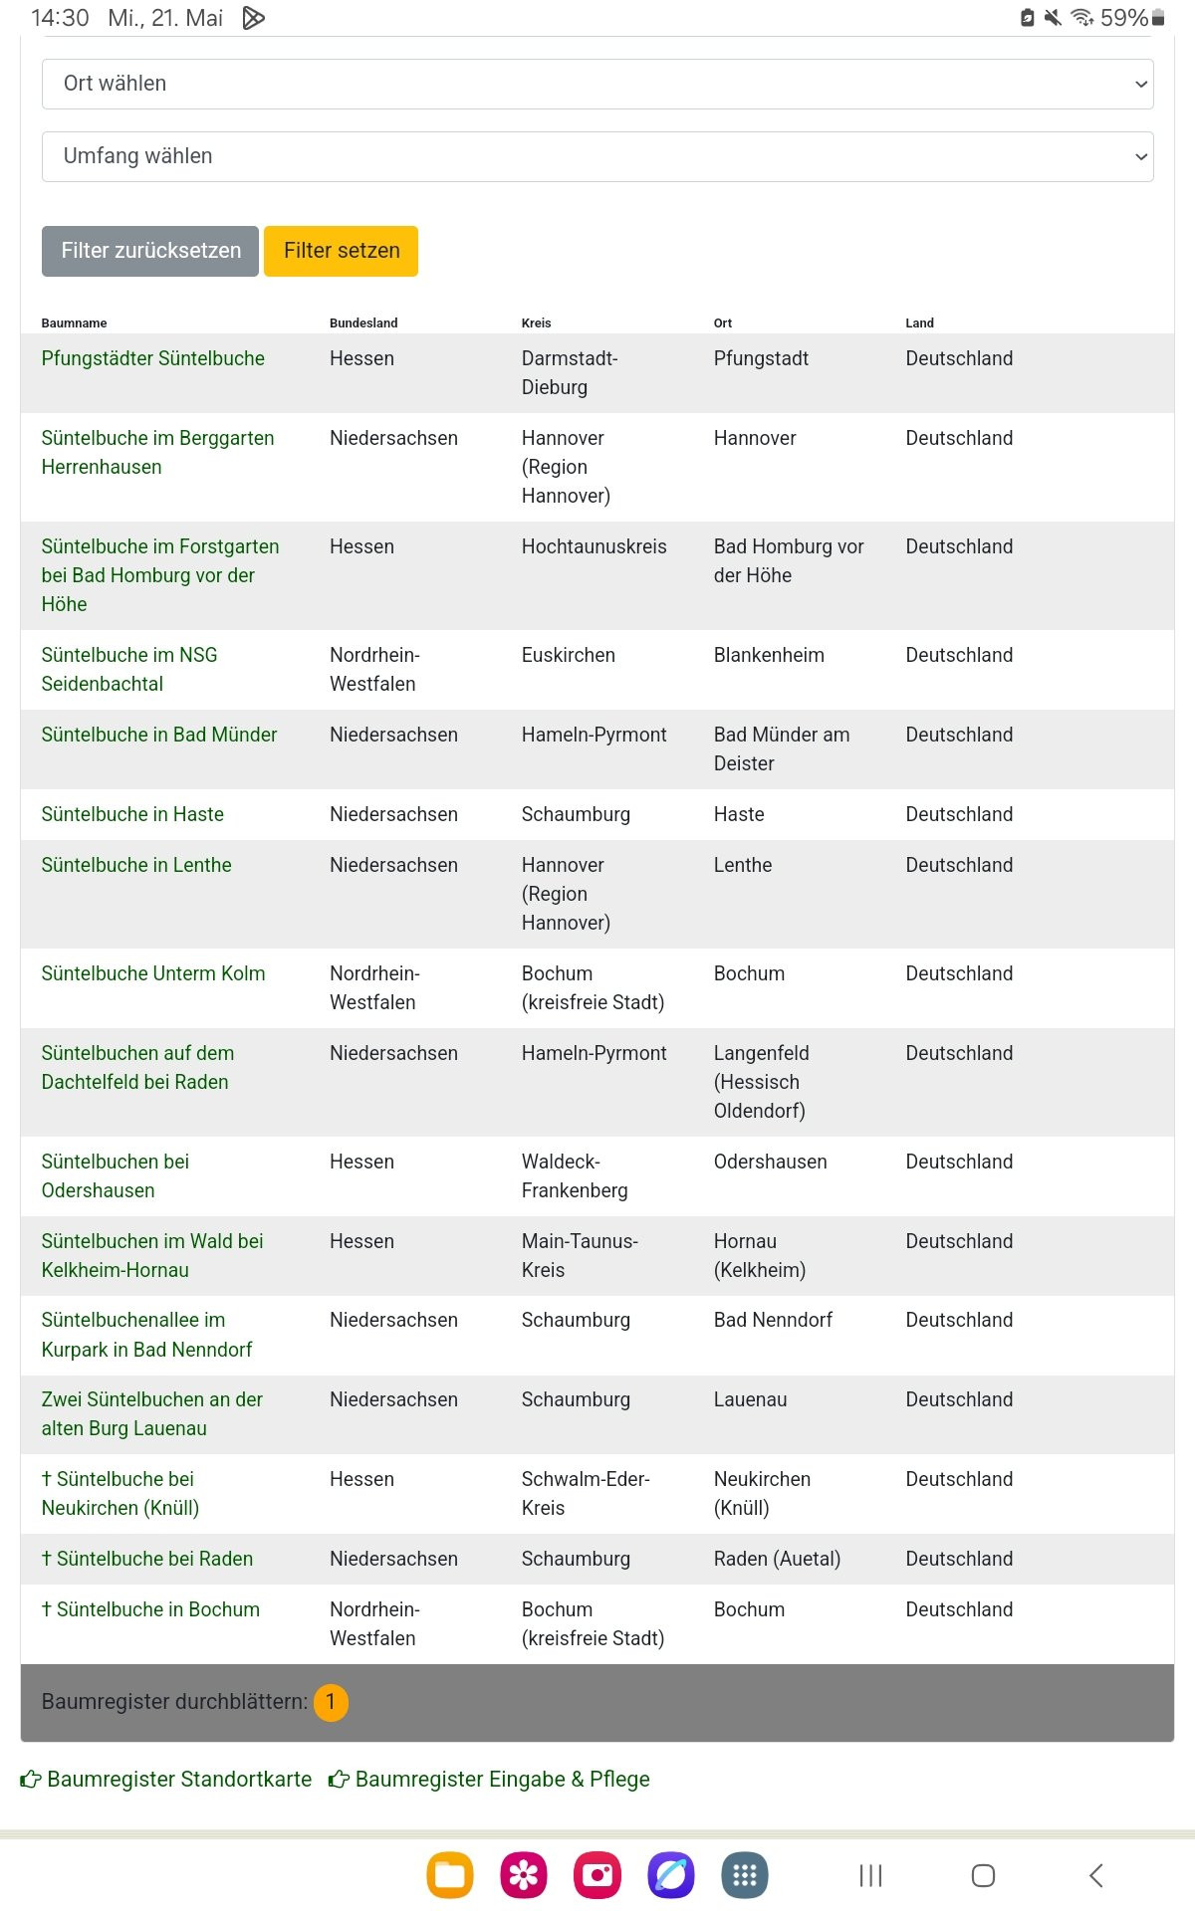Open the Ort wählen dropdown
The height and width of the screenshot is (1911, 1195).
point(597,84)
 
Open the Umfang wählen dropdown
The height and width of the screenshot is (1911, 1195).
point(597,156)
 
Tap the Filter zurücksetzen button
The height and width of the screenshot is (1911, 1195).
point(150,251)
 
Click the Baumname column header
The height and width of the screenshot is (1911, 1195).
point(74,323)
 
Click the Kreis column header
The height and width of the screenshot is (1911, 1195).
point(536,323)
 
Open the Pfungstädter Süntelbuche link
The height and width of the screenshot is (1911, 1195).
point(152,358)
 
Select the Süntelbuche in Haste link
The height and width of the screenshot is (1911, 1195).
point(132,814)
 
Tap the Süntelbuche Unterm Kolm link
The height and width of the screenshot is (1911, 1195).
point(152,973)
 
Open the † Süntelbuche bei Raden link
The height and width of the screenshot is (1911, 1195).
point(147,1559)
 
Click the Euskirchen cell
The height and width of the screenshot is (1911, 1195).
point(568,655)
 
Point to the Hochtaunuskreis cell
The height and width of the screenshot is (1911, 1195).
point(594,546)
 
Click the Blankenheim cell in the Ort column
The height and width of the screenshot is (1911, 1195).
point(769,655)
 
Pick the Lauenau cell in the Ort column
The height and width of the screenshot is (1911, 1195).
point(750,1399)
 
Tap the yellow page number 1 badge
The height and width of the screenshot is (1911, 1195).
point(331,1702)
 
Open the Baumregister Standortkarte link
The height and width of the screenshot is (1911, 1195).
point(166,1779)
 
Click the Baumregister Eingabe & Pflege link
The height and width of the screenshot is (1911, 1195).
point(490,1779)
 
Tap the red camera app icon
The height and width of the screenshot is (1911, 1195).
point(597,1875)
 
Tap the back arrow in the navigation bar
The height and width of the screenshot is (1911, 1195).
point(1095,1875)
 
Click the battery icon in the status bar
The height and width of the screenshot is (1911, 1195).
point(1158,18)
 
